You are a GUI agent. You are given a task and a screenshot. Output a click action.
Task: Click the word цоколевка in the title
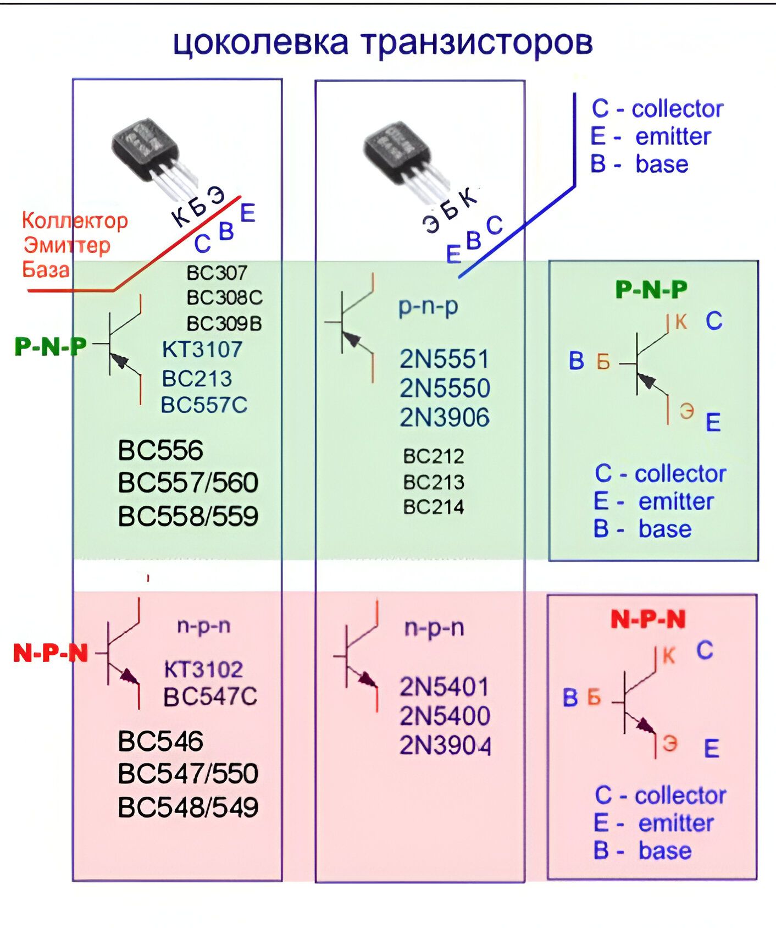[260, 43]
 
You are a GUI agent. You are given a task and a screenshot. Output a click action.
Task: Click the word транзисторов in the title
[478, 42]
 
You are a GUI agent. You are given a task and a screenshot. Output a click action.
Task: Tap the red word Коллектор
[75, 220]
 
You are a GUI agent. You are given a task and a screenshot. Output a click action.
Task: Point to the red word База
[46, 269]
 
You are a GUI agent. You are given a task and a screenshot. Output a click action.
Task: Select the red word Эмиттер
[67, 245]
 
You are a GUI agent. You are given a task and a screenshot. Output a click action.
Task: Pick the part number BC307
[217, 273]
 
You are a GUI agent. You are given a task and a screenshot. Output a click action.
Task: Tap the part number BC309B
[224, 323]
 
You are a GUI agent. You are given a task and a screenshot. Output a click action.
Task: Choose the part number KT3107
[202, 349]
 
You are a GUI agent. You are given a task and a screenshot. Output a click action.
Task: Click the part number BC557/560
[188, 483]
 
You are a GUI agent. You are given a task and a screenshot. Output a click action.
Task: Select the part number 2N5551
[444, 360]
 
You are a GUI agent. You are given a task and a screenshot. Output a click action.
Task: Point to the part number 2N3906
[444, 417]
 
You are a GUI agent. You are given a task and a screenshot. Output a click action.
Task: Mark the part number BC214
[434, 506]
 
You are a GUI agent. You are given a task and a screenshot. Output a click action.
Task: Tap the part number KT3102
[203, 669]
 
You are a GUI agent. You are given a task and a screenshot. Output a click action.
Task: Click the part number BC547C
[210, 697]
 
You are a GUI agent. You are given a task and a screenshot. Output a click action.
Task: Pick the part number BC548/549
[188, 807]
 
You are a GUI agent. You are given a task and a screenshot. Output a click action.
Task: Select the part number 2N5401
[444, 687]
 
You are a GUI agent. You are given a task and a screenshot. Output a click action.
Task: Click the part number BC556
[160, 450]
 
